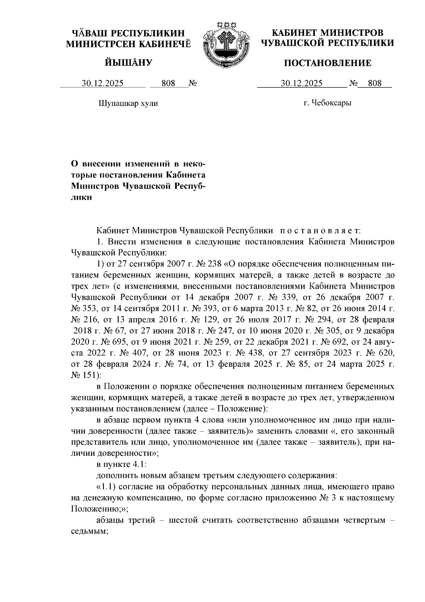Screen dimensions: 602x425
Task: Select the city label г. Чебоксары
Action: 327,103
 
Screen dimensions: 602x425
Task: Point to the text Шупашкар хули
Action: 127,103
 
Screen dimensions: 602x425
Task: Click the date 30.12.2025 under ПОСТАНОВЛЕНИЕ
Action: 301,83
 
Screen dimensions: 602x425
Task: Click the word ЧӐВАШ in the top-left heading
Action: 88,34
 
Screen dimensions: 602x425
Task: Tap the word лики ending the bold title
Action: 82,197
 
